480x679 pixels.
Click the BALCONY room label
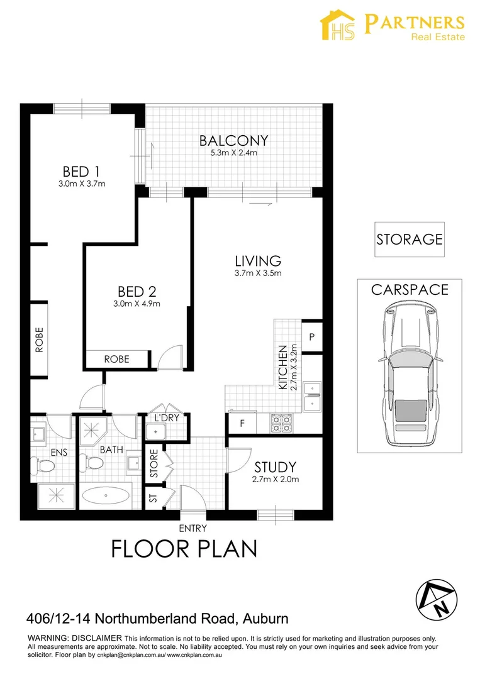point(233,141)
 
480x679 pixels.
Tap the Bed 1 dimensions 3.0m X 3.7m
point(82,184)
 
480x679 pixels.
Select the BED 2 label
point(137,292)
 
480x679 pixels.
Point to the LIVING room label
point(258,261)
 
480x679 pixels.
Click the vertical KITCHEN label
point(283,367)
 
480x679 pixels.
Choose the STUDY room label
point(276,467)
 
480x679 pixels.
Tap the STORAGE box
point(410,240)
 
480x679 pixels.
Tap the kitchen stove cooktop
point(281,424)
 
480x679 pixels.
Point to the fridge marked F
point(242,423)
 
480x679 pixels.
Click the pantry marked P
point(312,337)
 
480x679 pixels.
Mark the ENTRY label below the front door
point(193,528)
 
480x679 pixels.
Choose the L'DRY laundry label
point(167,418)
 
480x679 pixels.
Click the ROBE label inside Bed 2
point(116,359)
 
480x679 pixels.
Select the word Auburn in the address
point(265,619)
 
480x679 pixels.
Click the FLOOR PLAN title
point(184,549)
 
